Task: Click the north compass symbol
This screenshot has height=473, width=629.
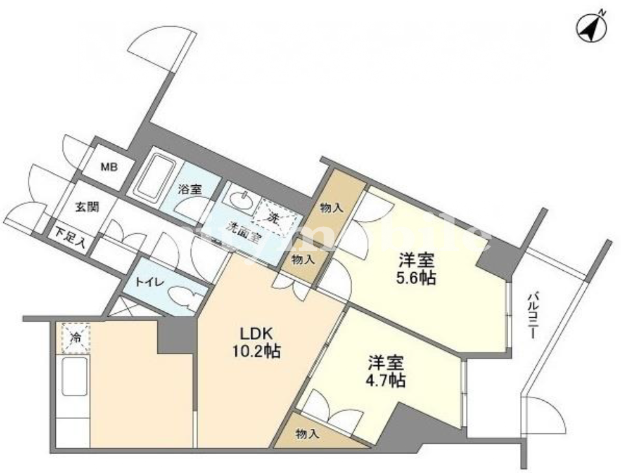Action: [591, 26]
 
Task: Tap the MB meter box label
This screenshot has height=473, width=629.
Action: [109, 166]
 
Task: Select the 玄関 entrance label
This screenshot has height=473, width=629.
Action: [86, 207]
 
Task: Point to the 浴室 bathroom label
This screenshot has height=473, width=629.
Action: [190, 190]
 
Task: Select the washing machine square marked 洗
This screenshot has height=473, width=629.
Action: [276, 216]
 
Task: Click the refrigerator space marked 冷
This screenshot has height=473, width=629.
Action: [76, 337]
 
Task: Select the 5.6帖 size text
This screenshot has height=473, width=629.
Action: [417, 277]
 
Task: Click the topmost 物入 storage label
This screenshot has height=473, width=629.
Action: [331, 208]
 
